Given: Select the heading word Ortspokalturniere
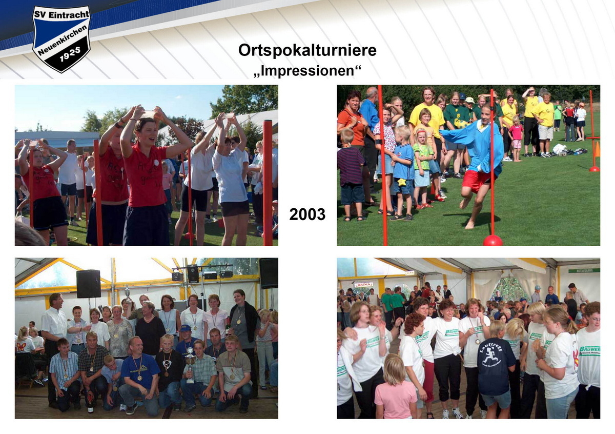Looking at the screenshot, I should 307,50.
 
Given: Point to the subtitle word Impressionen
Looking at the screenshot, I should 307,69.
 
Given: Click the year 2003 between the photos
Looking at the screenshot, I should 307,214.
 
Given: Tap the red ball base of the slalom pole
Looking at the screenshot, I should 493,240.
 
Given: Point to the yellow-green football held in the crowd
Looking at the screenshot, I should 461,124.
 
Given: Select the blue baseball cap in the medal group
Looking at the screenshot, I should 185,328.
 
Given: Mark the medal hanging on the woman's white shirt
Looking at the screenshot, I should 477,341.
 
